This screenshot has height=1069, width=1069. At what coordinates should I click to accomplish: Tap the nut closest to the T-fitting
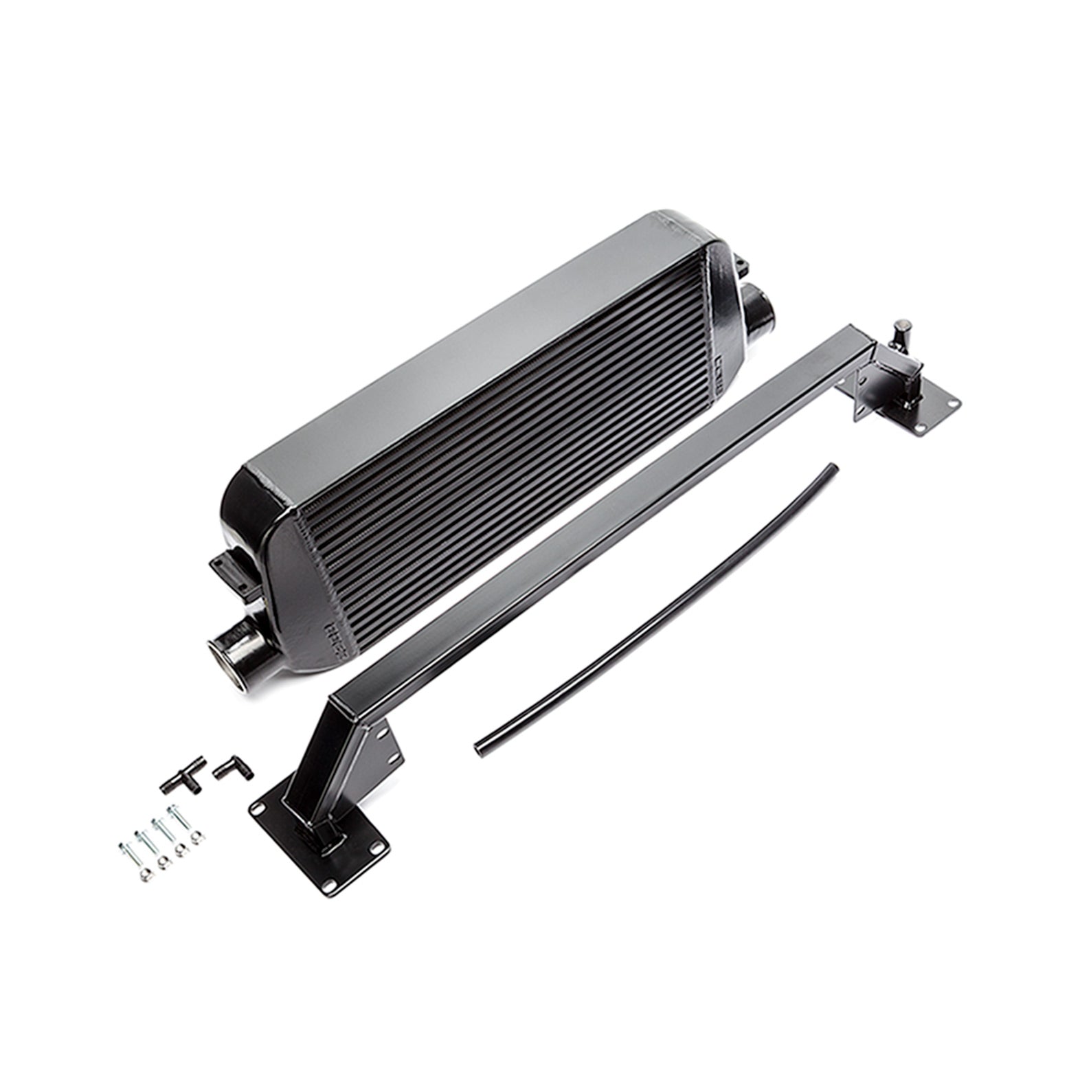click(196, 839)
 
